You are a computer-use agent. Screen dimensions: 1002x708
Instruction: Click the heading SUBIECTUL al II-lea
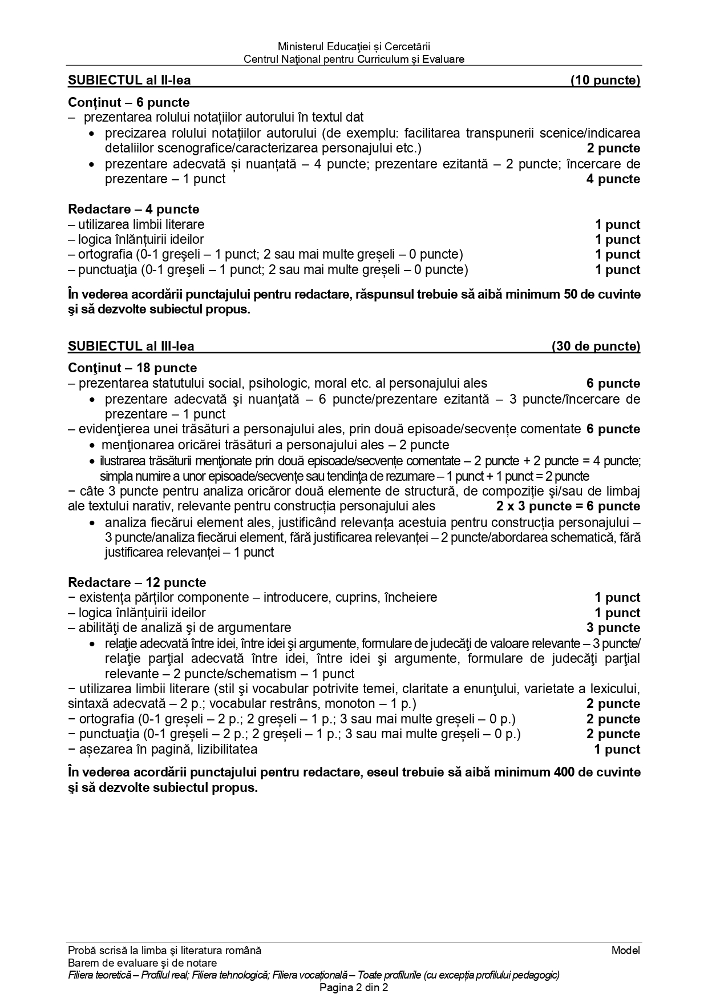click(x=130, y=81)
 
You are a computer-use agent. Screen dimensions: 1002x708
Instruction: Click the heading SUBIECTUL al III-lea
click(x=131, y=346)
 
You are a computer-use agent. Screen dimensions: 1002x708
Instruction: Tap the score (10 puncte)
click(x=605, y=81)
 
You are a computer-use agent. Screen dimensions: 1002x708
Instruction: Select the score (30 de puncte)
click(x=596, y=346)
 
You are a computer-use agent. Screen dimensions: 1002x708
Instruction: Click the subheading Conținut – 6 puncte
click(x=129, y=103)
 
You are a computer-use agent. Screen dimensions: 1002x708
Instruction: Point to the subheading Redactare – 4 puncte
click(x=133, y=209)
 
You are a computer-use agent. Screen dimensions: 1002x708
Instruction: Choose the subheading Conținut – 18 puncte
click(x=132, y=368)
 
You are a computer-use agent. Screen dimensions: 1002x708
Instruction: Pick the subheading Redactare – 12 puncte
click(x=137, y=583)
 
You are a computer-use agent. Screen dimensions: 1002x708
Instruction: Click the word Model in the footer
click(x=626, y=951)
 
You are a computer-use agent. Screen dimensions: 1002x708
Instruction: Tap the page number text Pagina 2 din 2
click(x=354, y=988)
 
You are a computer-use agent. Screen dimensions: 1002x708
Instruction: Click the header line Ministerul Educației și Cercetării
click(x=354, y=46)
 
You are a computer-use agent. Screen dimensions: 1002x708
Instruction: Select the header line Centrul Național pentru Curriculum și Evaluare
click(x=354, y=59)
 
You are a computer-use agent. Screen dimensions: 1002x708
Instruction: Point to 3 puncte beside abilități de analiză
click(x=613, y=628)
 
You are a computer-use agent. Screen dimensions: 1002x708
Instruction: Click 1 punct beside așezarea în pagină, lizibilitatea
click(x=617, y=750)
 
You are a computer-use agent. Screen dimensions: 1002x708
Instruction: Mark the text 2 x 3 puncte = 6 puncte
click(x=568, y=506)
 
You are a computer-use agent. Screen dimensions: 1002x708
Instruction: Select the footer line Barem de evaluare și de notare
click(x=142, y=963)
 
